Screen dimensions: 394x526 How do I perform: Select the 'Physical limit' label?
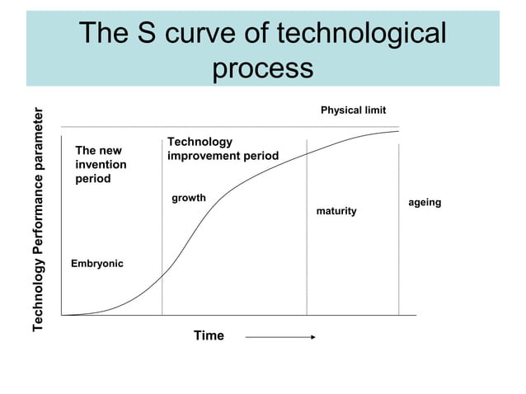[x=353, y=110]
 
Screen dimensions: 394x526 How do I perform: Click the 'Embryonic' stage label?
[x=97, y=264]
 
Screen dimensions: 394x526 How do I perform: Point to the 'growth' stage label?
[x=188, y=199]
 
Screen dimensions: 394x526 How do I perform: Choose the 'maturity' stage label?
[x=336, y=212]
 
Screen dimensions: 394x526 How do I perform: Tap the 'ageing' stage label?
[x=425, y=203]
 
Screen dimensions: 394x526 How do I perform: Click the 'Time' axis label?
[x=209, y=335]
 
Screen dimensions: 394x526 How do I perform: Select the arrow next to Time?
[x=280, y=336]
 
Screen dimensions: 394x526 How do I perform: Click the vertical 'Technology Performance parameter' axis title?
[x=38, y=221]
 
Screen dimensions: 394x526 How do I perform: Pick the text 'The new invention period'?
[x=101, y=165]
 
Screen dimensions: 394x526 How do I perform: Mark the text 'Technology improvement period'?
[x=223, y=149]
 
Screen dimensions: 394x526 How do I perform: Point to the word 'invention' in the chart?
[x=101, y=165]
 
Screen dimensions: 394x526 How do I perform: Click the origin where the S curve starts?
[x=63, y=315]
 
